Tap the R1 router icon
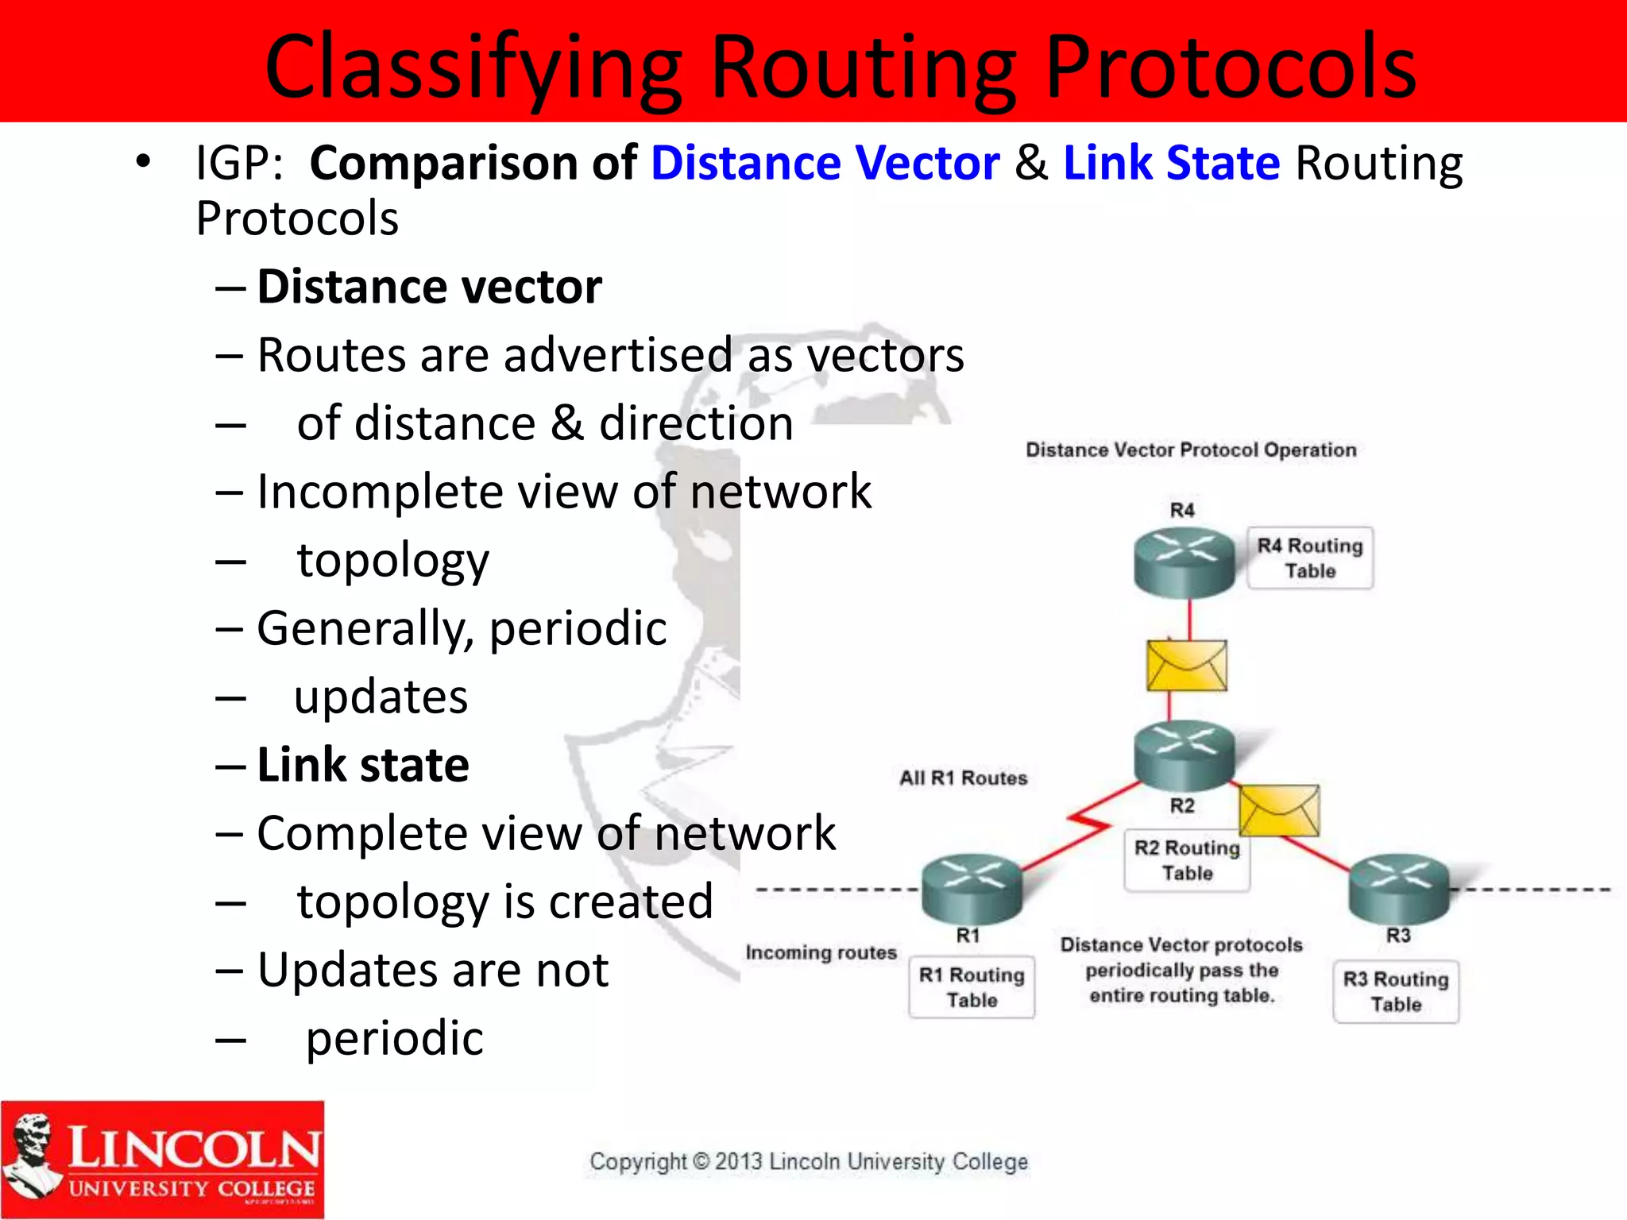click(972, 888)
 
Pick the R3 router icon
click(1399, 888)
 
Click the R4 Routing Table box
click(1310, 558)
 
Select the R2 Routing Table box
click(1187, 860)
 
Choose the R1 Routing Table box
click(972, 987)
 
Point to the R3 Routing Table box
click(1396, 991)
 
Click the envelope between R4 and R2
click(1187, 666)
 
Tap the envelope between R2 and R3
click(1279, 810)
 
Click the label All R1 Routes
click(963, 778)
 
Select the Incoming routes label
click(821, 952)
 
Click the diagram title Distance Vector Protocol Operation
click(1191, 450)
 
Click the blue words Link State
click(1171, 163)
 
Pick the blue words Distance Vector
click(825, 163)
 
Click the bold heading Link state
click(363, 765)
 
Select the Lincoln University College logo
click(163, 1159)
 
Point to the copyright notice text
click(809, 1161)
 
